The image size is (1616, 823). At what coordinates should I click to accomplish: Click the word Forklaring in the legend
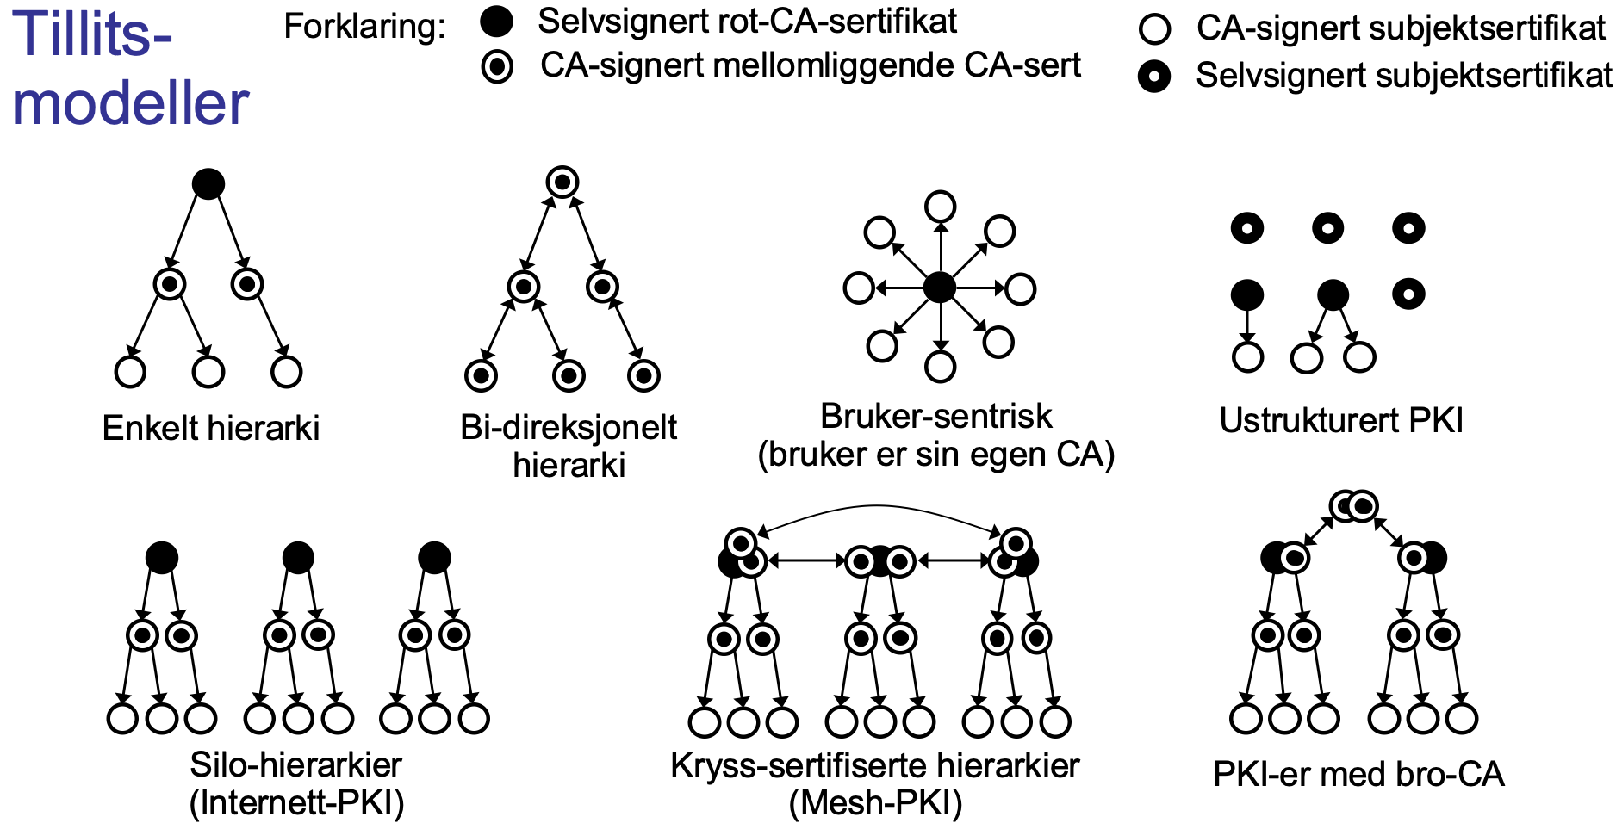[x=364, y=27]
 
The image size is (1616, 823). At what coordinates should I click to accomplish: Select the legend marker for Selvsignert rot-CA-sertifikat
[x=496, y=22]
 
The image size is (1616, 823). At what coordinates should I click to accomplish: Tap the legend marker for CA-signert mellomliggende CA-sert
[x=497, y=66]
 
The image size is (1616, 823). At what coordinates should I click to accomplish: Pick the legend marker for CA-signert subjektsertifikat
[x=1153, y=28]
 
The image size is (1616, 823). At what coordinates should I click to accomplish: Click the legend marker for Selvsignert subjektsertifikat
[x=1153, y=76]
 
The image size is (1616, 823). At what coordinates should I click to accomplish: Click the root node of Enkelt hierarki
[x=208, y=183]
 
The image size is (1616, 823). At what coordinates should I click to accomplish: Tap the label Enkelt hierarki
[x=211, y=428]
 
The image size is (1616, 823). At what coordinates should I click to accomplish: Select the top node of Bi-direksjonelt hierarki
[x=562, y=182]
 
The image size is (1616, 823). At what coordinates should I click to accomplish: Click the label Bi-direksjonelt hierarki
[x=569, y=446]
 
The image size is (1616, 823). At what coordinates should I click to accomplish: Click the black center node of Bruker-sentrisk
[x=940, y=288]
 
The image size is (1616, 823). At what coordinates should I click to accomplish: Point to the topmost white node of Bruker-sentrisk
[x=940, y=207]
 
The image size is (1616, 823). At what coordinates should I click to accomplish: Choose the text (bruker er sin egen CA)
[x=935, y=455]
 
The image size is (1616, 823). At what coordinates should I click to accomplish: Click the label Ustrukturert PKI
[x=1341, y=420]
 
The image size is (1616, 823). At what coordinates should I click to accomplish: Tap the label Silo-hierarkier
[x=295, y=764]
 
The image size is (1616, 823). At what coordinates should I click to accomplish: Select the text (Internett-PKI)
[x=296, y=802]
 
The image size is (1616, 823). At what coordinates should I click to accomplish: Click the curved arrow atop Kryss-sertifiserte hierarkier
[x=876, y=508]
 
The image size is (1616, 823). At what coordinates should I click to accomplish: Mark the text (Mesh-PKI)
[x=875, y=802]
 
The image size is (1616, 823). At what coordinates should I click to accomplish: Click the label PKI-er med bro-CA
[x=1358, y=774]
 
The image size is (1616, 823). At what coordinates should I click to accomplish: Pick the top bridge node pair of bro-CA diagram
[x=1353, y=506]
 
